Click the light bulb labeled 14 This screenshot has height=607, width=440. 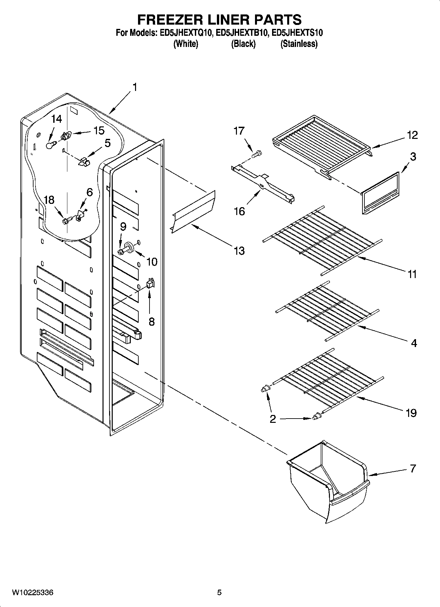pyautogui.click(x=50, y=144)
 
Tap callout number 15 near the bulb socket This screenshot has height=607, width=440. pyautogui.click(x=99, y=131)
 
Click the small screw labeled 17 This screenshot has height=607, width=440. pyautogui.click(x=257, y=153)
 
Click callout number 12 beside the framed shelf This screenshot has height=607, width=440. pyautogui.click(x=412, y=135)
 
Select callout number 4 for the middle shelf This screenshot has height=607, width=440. pyautogui.click(x=414, y=343)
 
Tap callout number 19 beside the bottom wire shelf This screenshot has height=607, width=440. pyautogui.click(x=411, y=413)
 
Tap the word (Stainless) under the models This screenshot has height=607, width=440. pyautogui.click(x=299, y=44)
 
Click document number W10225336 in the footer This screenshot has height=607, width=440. pyautogui.click(x=33, y=593)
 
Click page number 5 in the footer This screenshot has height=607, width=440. pyautogui.click(x=220, y=593)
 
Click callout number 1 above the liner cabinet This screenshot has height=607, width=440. pyautogui.click(x=135, y=88)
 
